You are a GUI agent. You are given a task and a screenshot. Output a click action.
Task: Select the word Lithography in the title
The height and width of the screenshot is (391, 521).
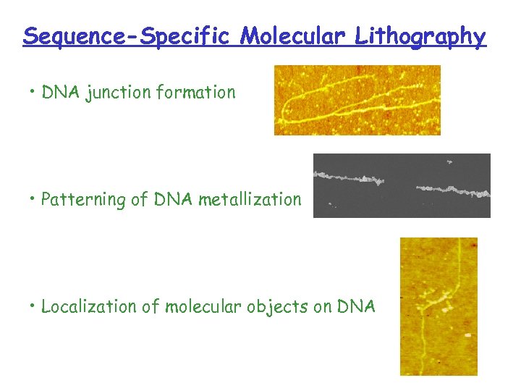420,35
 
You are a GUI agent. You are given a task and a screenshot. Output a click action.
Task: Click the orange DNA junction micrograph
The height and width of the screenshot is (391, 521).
357,100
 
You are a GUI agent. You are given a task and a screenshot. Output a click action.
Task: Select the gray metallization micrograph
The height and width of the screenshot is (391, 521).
402,185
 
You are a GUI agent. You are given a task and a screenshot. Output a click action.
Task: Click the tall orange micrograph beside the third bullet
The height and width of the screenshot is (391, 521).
439,306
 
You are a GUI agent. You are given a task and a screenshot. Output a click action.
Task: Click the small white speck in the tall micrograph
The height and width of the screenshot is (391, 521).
467,335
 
